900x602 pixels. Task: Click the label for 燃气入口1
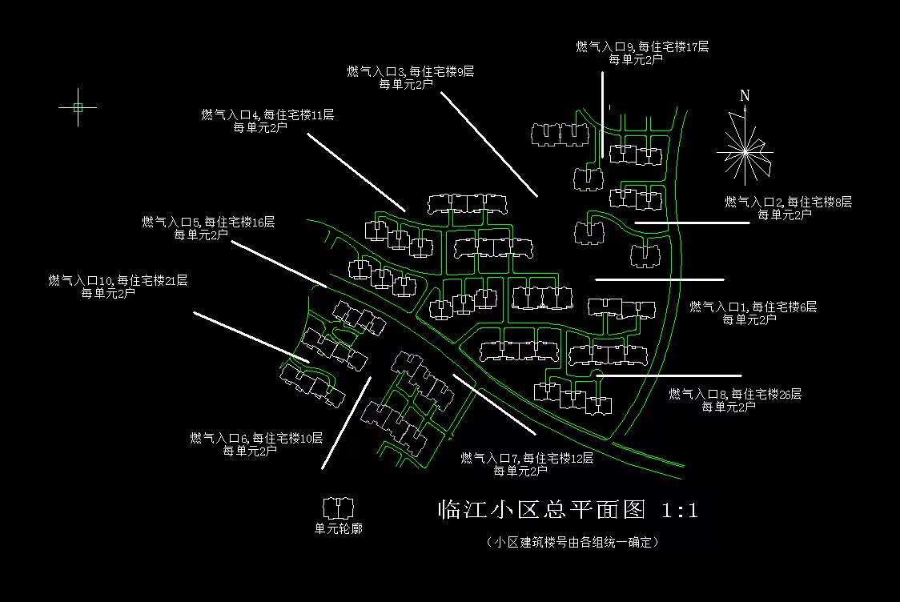(753, 307)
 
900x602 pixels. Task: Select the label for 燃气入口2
(788, 203)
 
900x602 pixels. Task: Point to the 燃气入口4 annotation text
(267, 115)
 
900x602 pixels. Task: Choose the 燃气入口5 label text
(208, 223)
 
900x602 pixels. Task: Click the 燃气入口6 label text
(256, 439)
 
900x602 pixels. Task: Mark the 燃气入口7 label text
(526, 459)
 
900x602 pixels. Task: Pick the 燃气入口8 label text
(734, 395)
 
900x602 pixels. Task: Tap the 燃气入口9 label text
(642, 47)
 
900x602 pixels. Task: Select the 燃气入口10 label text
(118, 281)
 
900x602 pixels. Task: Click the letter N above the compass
(745, 95)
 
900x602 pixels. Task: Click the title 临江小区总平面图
(541, 510)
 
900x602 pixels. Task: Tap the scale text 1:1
(680, 510)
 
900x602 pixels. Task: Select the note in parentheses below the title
(572, 543)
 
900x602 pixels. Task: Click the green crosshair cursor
(78, 106)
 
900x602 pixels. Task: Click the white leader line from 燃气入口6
(346, 423)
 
